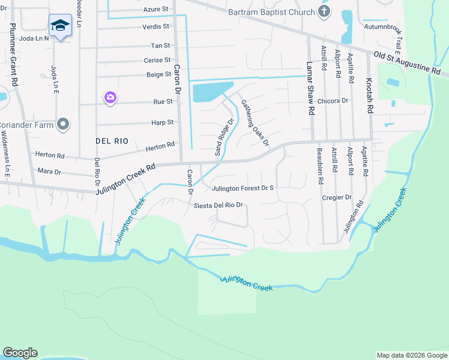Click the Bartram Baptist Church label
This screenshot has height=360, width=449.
point(271,13)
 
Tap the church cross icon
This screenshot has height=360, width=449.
point(324,12)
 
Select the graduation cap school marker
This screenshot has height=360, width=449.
point(59,25)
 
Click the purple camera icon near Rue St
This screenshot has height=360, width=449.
point(110,97)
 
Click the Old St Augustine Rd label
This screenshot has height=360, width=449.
point(406,62)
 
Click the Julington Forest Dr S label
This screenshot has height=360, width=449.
point(242,188)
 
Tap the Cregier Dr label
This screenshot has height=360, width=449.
point(336,197)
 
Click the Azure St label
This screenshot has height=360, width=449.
point(156,10)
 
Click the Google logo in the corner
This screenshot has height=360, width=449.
point(20,352)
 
